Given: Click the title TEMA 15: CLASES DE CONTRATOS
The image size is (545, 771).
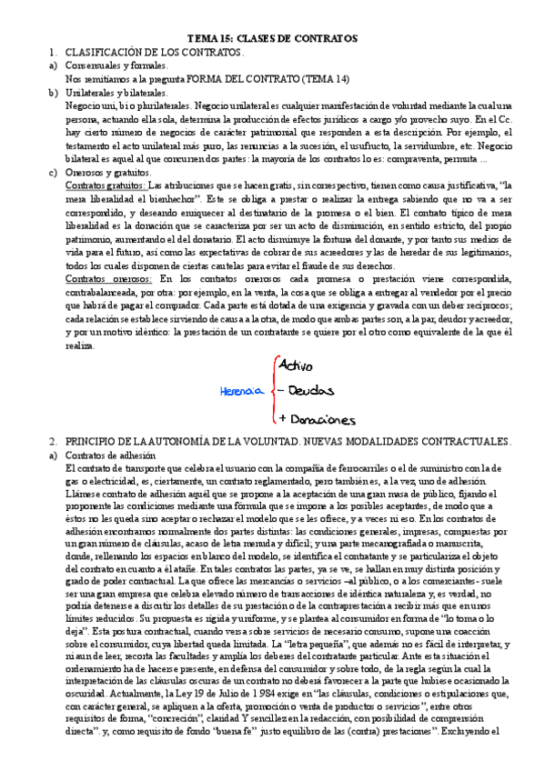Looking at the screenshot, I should [272, 38].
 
